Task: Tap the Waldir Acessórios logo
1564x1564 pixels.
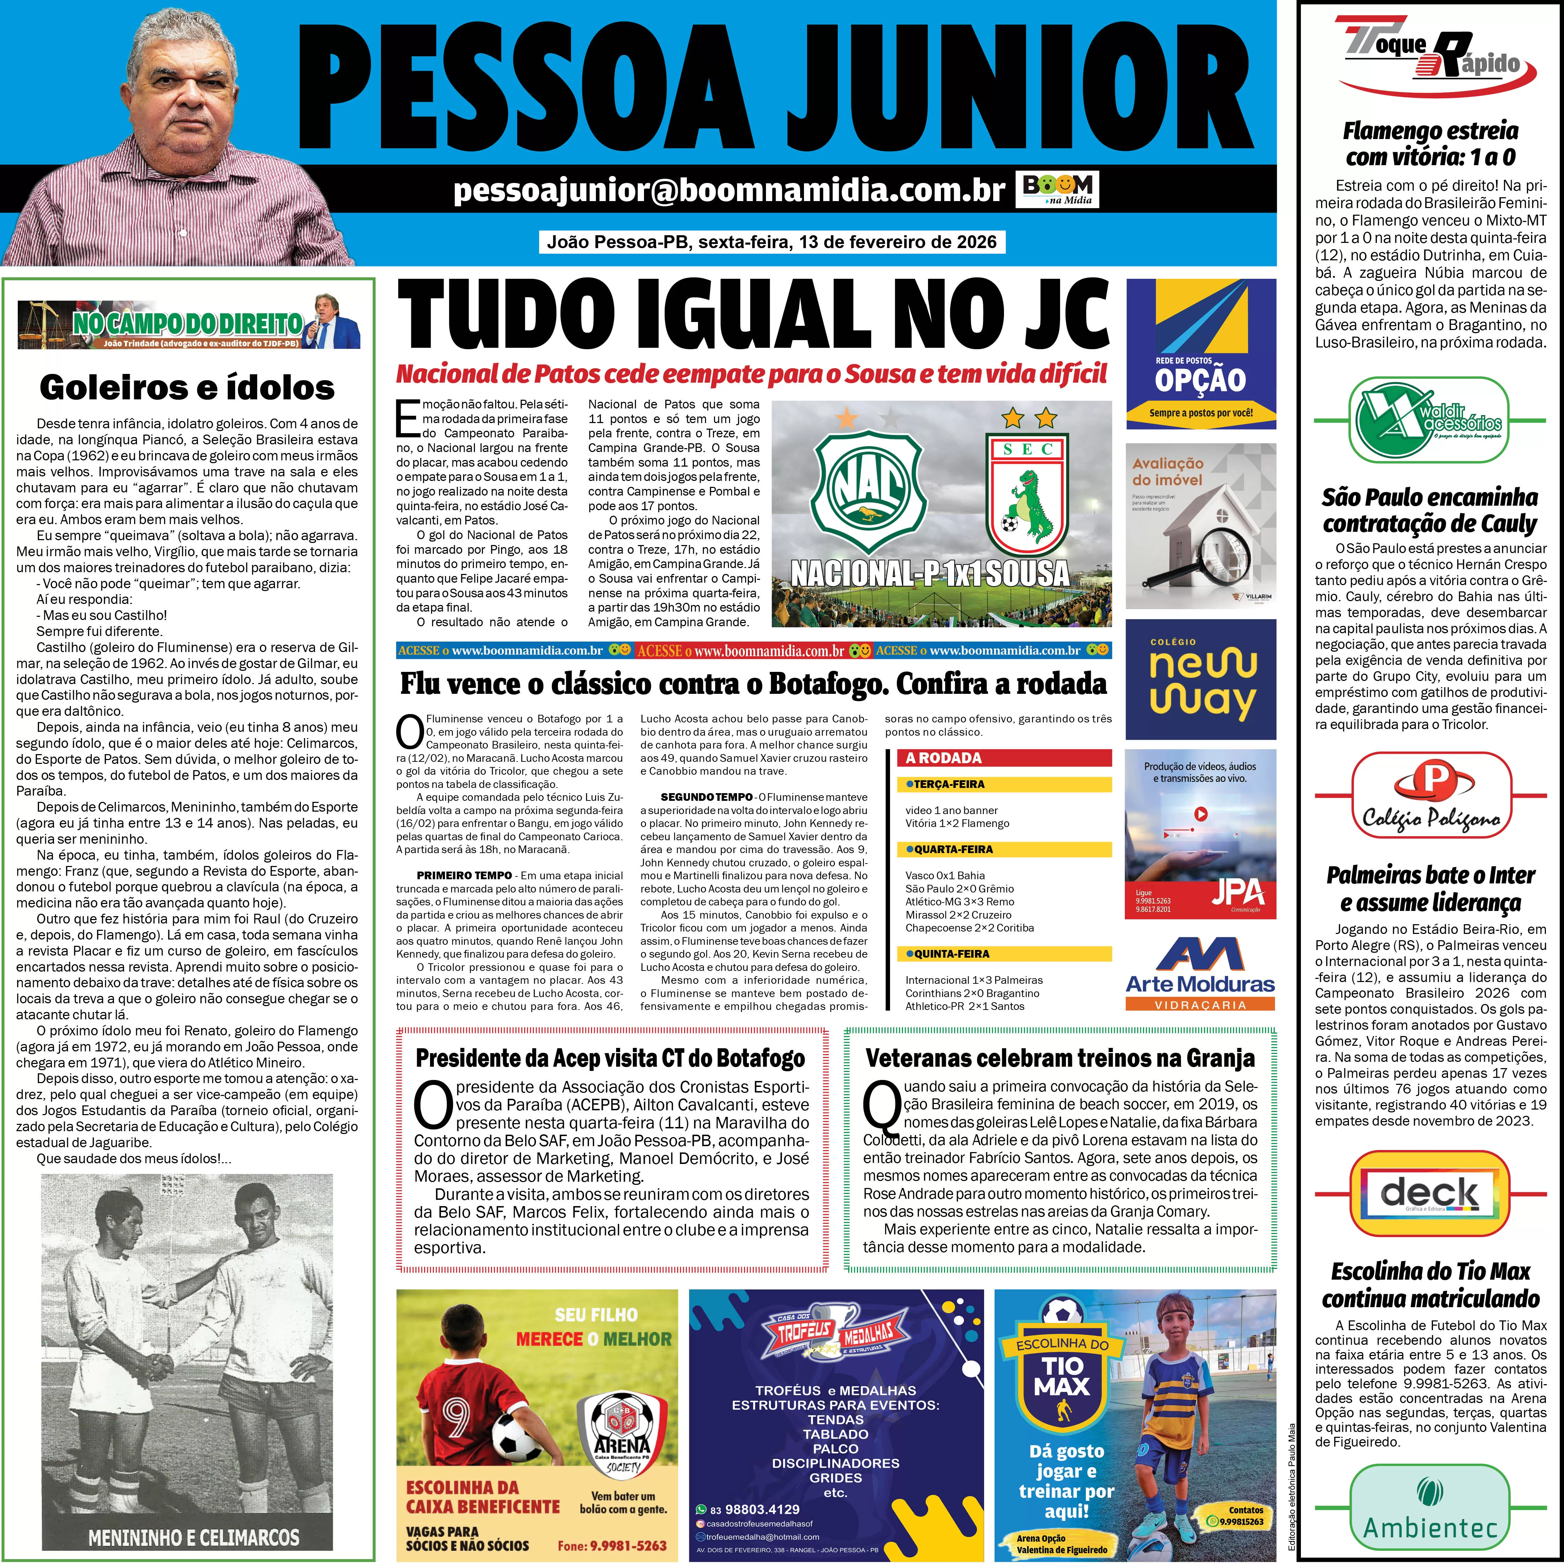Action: coord(1429,419)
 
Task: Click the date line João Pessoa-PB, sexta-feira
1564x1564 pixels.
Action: coord(772,242)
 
